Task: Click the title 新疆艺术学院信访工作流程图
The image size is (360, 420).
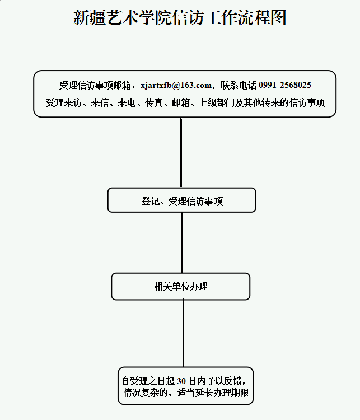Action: point(180,18)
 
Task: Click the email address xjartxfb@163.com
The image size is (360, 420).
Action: point(176,85)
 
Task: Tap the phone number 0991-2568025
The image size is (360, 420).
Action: point(285,85)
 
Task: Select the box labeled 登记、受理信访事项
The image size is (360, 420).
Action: point(181,200)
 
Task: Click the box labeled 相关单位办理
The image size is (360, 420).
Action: point(180,286)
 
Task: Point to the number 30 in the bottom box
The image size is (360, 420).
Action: point(181,381)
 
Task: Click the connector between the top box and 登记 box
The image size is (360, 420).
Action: point(181,152)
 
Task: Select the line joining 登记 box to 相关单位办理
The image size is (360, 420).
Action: point(183,242)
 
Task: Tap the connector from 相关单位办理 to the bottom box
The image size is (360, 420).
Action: point(183,334)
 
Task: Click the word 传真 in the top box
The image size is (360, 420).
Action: point(154,102)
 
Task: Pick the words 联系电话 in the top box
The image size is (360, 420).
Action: point(239,85)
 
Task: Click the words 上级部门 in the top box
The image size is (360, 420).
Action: point(216,102)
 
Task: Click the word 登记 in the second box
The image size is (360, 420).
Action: point(150,201)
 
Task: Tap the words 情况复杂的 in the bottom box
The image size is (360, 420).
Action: point(146,393)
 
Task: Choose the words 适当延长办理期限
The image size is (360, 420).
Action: point(213,393)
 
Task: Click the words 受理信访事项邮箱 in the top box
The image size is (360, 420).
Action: point(95,85)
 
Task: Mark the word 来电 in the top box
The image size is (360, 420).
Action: point(127,102)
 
